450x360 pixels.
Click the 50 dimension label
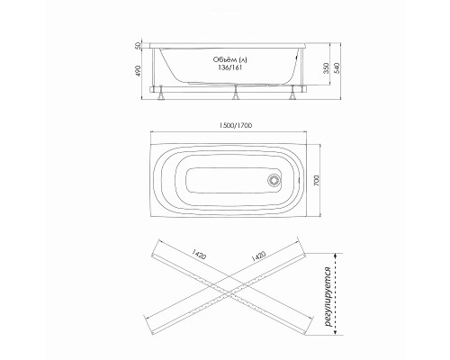(x=138, y=46)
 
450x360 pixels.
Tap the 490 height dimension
(x=138, y=71)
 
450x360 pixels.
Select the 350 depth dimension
(x=327, y=68)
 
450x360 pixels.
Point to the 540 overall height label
(x=337, y=68)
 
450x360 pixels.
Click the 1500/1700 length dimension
(x=236, y=125)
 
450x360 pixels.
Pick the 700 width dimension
(x=318, y=180)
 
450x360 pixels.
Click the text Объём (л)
(x=230, y=59)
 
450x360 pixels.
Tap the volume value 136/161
(x=229, y=67)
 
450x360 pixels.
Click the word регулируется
(x=329, y=297)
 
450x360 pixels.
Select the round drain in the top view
(x=274, y=180)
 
